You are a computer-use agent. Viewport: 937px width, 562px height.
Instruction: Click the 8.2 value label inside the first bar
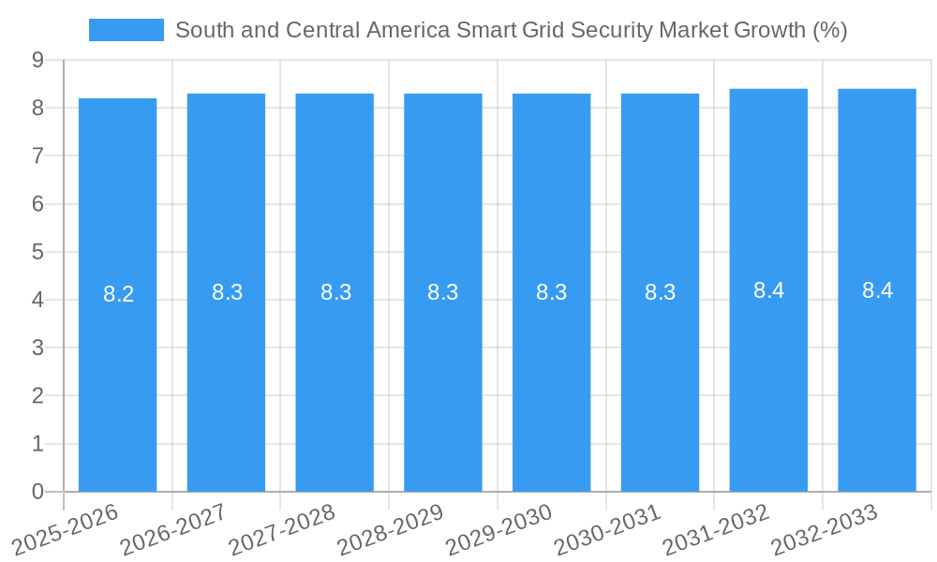[x=118, y=294]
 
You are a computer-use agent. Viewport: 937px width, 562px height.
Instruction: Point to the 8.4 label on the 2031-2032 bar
[x=768, y=290]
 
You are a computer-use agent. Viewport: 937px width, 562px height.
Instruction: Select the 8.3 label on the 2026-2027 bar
[x=227, y=292]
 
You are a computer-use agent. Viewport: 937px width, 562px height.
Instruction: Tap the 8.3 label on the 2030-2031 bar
[x=660, y=292]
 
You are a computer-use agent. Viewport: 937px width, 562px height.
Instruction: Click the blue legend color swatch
[x=126, y=30]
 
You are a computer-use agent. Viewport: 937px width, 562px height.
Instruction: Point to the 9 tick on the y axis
[x=37, y=60]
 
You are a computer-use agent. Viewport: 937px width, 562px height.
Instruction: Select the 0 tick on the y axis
[x=37, y=492]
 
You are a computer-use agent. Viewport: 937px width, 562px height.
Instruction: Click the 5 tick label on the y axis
[x=37, y=252]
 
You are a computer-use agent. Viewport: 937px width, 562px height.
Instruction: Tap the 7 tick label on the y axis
[x=37, y=155]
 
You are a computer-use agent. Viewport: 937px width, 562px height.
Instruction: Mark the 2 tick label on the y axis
[x=37, y=396]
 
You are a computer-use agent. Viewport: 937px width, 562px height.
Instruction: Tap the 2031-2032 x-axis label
[x=716, y=531]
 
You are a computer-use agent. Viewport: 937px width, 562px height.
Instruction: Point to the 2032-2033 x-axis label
[x=825, y=531]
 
